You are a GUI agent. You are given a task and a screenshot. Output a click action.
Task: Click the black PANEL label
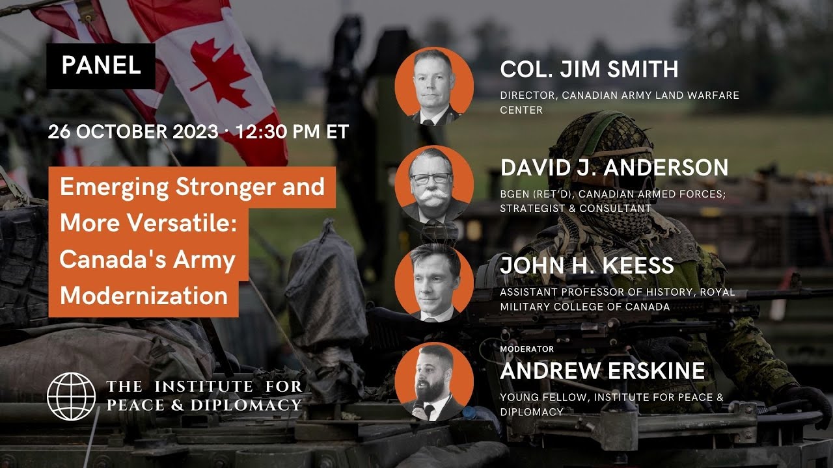coord(101,66)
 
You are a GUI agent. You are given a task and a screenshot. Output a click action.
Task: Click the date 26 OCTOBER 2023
coord(133,132)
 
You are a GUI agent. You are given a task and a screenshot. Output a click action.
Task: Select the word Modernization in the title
coord(144,296)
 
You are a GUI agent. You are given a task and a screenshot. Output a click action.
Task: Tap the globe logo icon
coord(71,396)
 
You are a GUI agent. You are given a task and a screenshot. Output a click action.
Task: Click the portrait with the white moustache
coord(434,185)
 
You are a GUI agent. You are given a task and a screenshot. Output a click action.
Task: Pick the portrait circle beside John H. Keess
coord(434,283)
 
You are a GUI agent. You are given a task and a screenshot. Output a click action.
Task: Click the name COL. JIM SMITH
coord(589,69)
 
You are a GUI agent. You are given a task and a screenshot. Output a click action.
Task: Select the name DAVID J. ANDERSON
coord(614,168)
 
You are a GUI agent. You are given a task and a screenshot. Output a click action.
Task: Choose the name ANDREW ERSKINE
coord(603,370)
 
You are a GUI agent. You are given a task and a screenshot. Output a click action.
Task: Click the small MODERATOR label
coord(527,349)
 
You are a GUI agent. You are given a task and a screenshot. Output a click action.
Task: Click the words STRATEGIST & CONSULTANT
coord(575,209)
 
